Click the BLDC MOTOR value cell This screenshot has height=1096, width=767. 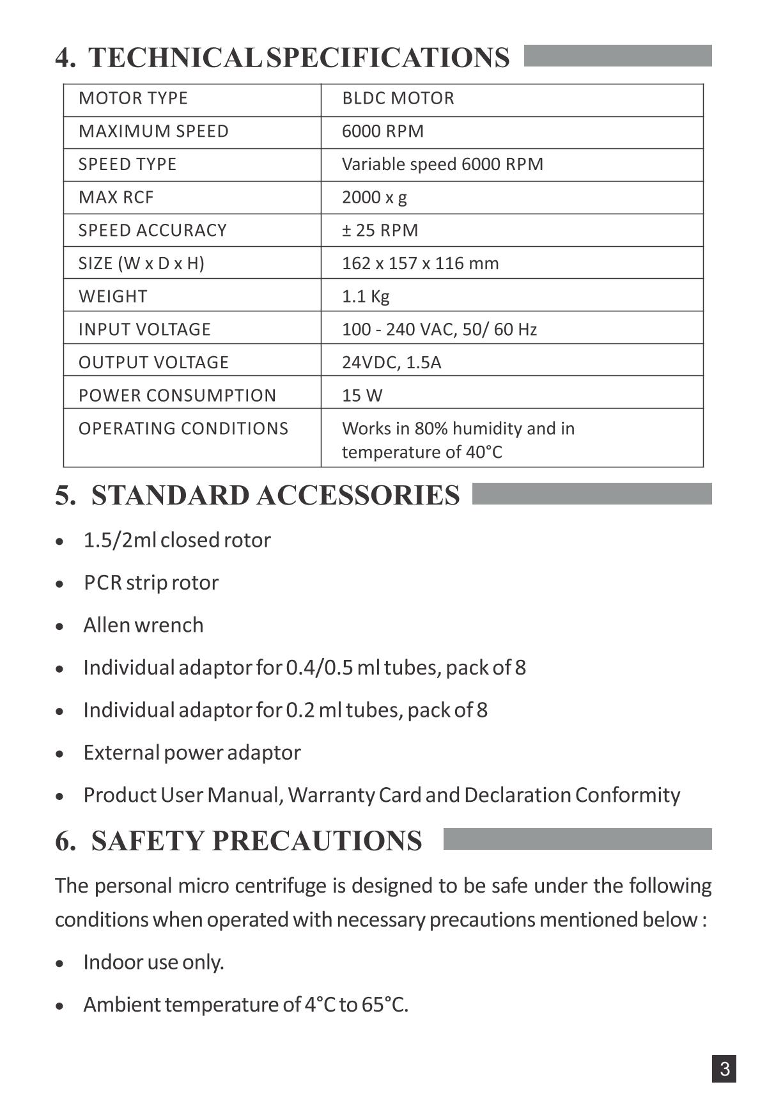(398, 98)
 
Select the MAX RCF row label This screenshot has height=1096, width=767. (116, 198)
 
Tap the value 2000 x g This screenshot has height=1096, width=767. (374, 198)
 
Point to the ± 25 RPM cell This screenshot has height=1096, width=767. (380, 230)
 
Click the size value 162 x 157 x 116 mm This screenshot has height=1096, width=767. (420, 263)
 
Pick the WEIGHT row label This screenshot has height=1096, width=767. (112, 297)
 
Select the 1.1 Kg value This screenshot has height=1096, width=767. (366, 297)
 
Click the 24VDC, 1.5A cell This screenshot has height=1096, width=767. (391, 363)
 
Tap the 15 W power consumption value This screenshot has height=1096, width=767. (362, 396)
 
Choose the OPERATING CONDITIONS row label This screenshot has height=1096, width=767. (183, 428)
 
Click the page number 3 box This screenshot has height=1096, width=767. (724, 1069)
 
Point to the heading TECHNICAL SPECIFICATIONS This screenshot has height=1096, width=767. (298, 58)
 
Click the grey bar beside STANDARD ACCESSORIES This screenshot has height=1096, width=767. (591, 494)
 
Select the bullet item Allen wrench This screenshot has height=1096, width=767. (143, 625)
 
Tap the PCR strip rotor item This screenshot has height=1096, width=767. (151, 583)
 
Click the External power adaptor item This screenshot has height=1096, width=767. (192, 753)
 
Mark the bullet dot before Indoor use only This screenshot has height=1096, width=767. (60, 964)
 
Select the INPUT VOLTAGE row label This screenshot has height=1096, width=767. (144, 329)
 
